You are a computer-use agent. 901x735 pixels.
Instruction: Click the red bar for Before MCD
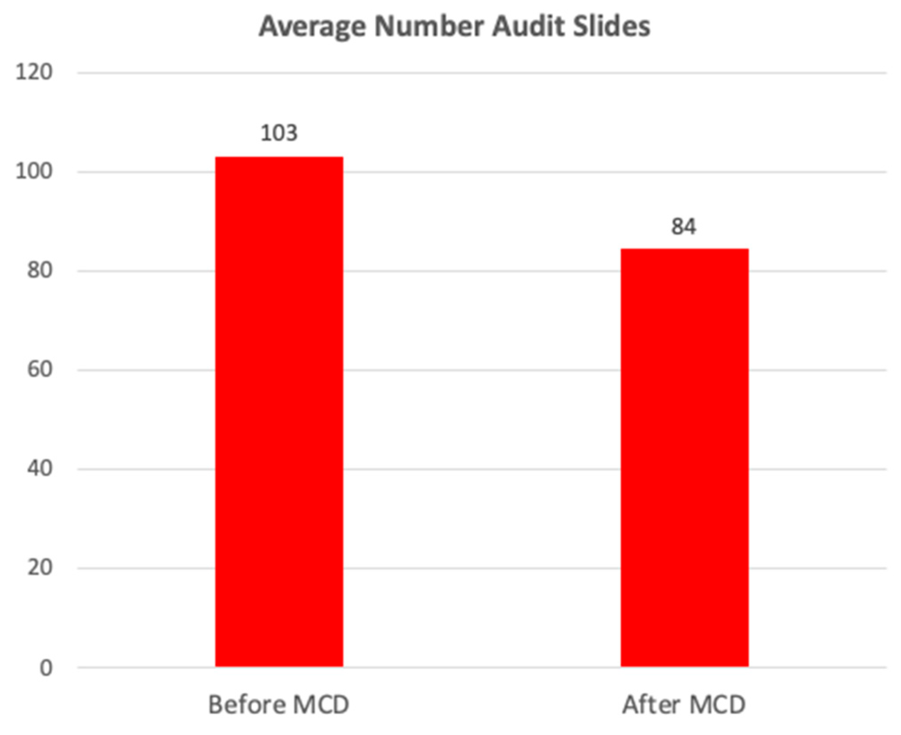[x=279, y=412]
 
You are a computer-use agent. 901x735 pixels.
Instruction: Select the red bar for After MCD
[x=684, y=458]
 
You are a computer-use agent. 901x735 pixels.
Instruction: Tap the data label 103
[x=279, y=133]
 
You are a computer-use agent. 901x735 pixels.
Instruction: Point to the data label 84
[x=684, y=227]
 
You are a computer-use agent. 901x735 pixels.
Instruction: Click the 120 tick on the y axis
[x=34, y=72]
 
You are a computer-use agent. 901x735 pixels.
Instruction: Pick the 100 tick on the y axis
[x=34, y=171]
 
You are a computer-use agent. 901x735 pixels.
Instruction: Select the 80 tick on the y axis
[x=39, y=270]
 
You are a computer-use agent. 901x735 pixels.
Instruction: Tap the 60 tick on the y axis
[x=39, y=369]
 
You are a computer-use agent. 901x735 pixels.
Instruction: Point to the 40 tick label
[x=39, y=469]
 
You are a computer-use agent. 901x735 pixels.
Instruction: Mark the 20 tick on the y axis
[x=39, y=568]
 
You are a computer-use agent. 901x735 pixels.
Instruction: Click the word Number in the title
[x=429, y=27]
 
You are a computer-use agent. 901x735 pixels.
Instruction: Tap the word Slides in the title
[x=611, y=27]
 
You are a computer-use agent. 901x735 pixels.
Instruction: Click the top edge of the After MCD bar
[x=684, y=250]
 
